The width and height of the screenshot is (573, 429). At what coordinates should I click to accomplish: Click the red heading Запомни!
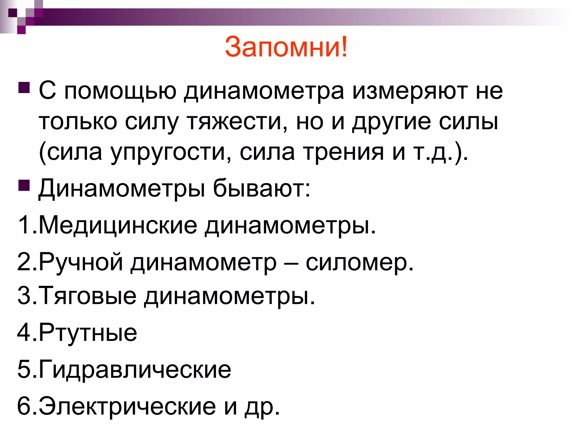pyautogui.click(x=286, y=47)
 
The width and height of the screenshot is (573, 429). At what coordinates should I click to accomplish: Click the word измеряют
pyautogui.click(x=410, y=91)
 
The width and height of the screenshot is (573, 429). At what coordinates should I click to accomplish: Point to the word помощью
pyautogui.click(x=121, y=91)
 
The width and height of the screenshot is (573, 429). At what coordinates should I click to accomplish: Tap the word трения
pyautogui.click(x=344, y=152)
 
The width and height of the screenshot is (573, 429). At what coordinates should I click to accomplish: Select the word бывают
pyautogui.click(x=262, y=188)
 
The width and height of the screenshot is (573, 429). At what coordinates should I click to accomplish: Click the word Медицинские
pyautogui.click(x=118, y=225)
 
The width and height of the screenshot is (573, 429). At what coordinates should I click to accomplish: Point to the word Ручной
pyautogui.click(x=81, y=262)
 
